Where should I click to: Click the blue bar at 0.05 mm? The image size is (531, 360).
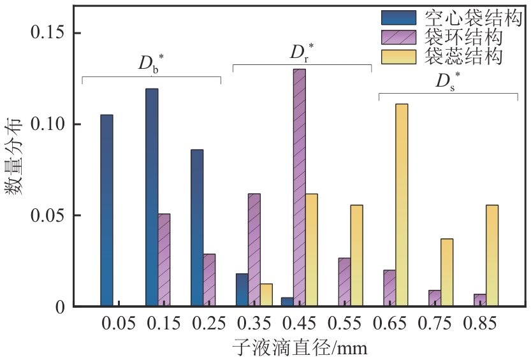[106, 210]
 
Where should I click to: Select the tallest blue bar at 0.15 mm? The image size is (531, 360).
[152, 198]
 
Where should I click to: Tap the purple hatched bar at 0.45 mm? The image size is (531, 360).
[299, 188]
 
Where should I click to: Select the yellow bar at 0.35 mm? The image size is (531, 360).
[266, 295]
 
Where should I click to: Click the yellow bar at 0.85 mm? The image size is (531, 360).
[492, 256]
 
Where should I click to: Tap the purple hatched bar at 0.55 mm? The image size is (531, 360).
[344, 282]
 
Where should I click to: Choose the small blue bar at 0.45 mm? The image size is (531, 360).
[287, 302]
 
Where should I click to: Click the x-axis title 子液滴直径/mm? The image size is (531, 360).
[299, 348]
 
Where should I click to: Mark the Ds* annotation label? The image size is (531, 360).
[447, 81]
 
